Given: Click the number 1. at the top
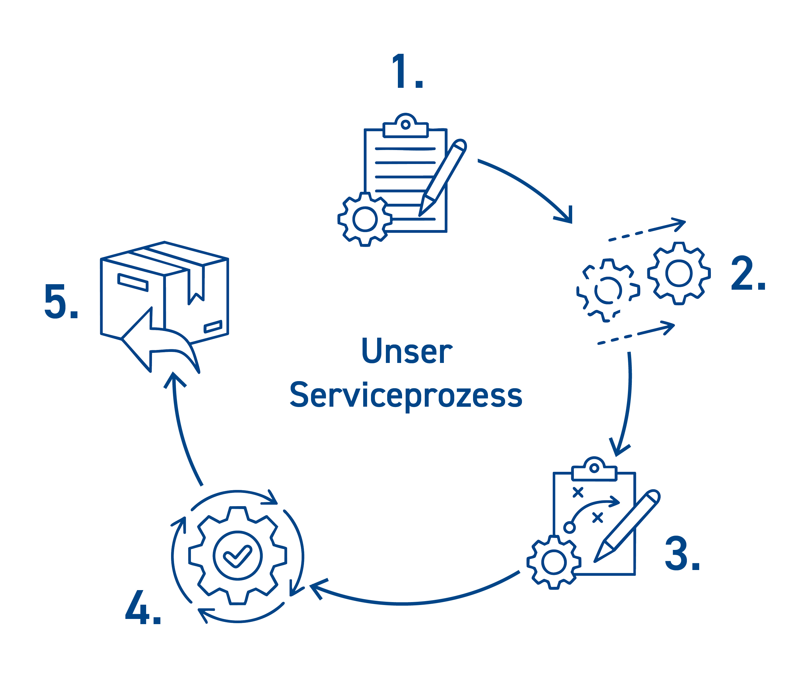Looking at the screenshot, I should pos(407,72).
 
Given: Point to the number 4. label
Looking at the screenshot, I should pos(143,607).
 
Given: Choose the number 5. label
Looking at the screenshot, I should pos(61,301).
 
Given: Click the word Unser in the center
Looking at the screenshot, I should pos(407,351).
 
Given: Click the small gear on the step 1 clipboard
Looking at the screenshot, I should pos(365,219).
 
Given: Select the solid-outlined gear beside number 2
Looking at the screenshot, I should pos(679,273).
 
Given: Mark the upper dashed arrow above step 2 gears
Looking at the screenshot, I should pos(648,231).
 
